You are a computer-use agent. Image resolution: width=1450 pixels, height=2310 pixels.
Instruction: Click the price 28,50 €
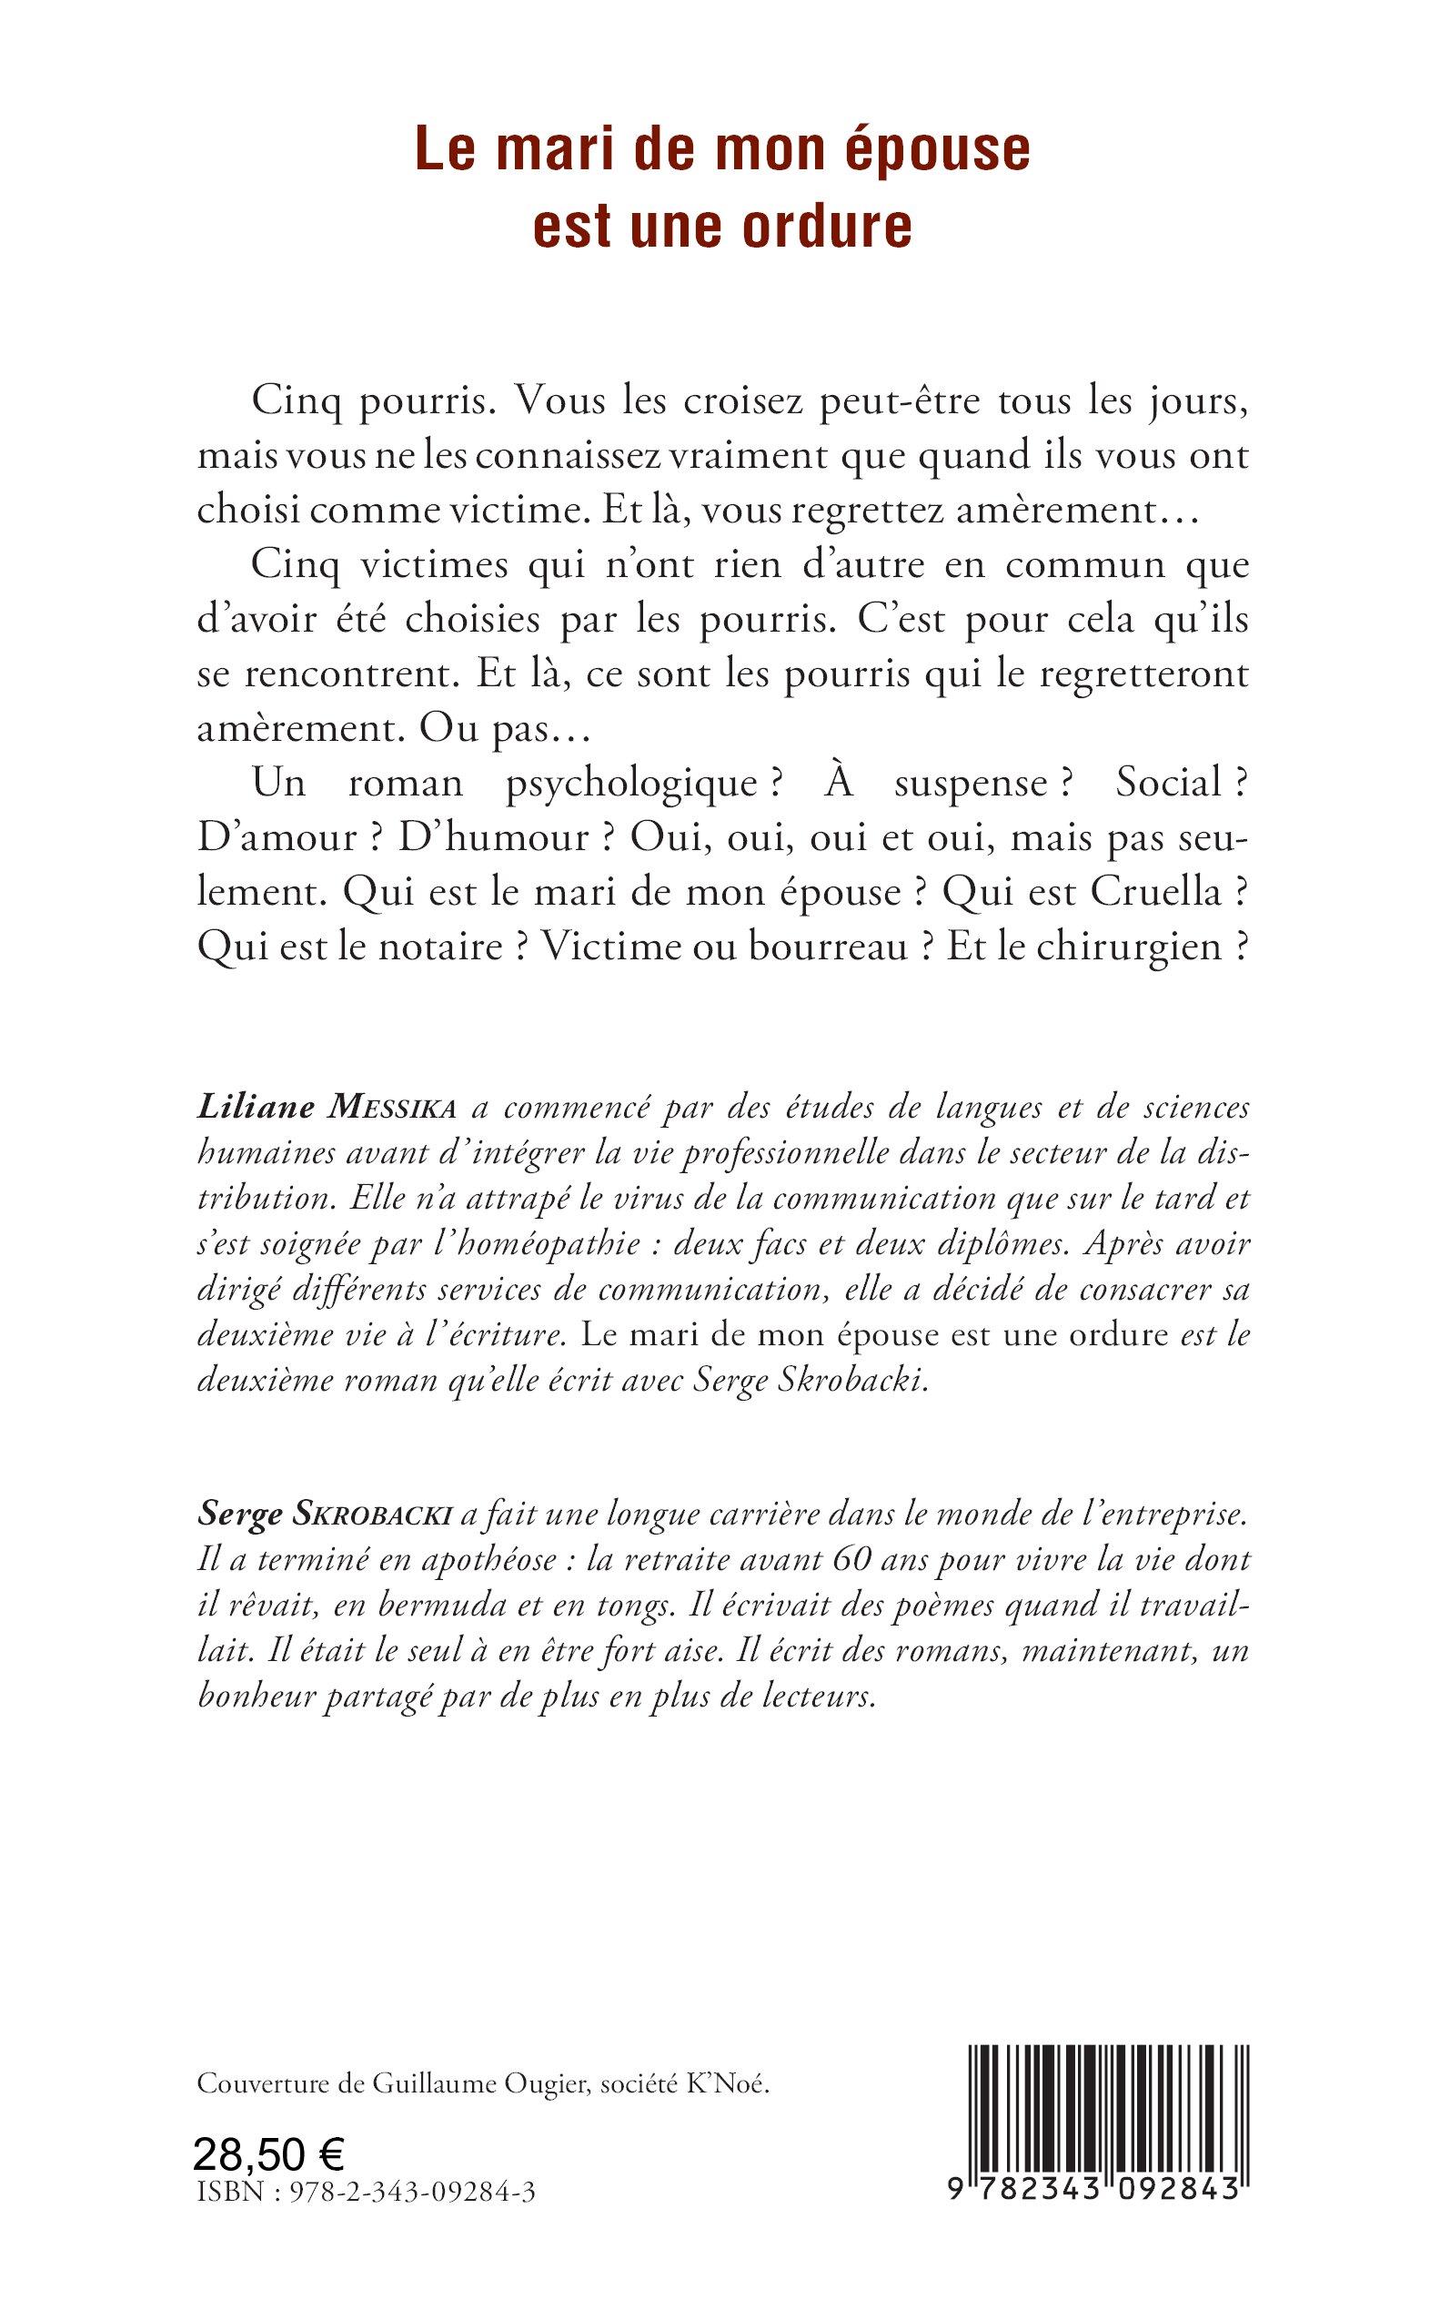coord(268,2155)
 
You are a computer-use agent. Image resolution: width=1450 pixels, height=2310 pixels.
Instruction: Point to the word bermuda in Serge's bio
coord(445,1606)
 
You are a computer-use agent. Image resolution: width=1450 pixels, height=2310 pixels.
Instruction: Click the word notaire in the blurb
coord(440,947)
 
